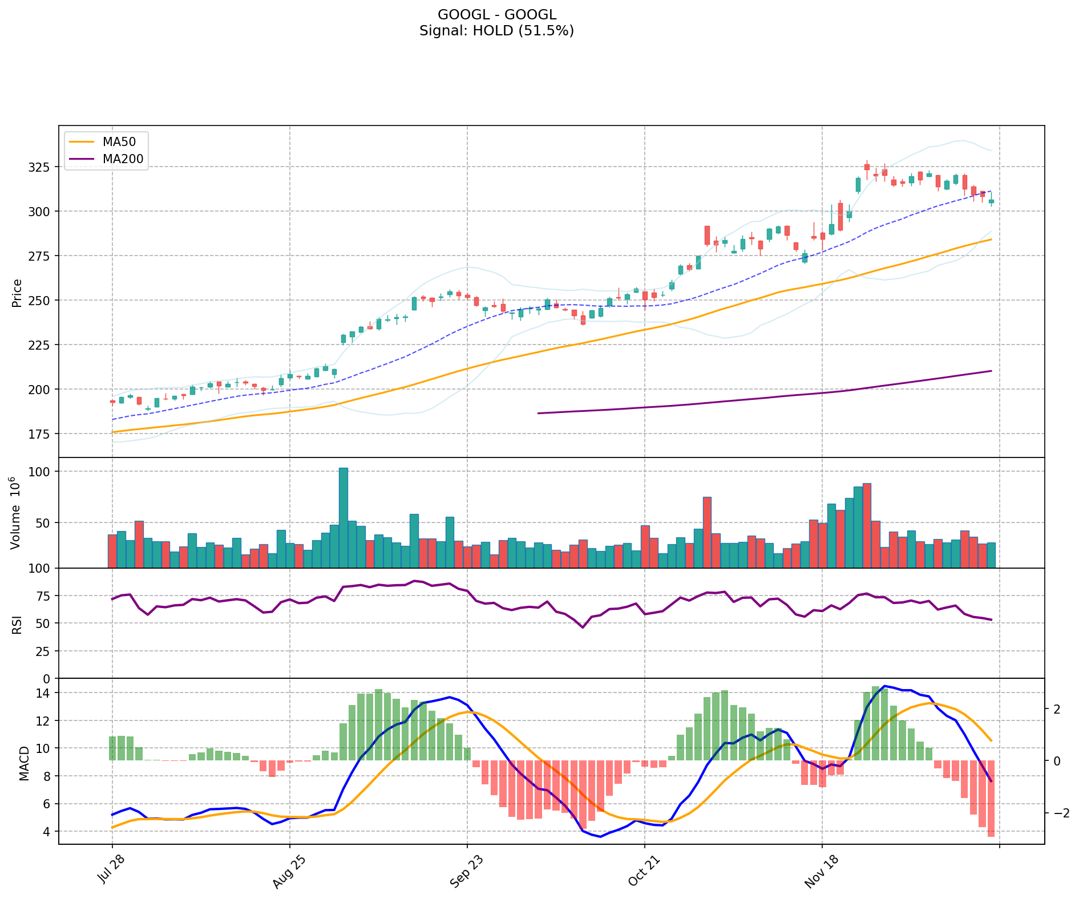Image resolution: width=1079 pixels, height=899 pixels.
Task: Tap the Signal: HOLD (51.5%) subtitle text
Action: (496, 31)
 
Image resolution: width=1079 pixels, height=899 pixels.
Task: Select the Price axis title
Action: (17, 293)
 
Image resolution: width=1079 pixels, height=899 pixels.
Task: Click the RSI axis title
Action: (17, 624)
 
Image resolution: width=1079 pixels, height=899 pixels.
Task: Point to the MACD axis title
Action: (24, 763)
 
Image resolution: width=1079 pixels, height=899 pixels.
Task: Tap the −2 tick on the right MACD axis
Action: (1056, 813)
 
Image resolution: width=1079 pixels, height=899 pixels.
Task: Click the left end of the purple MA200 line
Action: (539, 413)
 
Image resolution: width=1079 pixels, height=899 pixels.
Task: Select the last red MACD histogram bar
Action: (991, 799)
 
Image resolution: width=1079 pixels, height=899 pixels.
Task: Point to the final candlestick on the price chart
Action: (991, 201)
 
